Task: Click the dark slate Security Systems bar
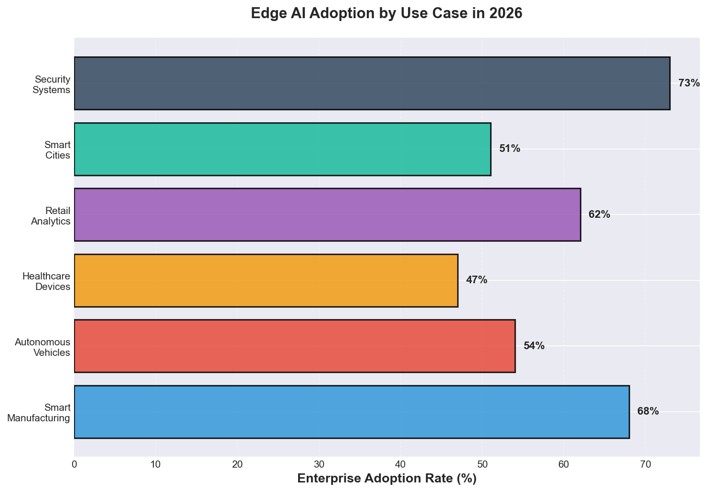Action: [x=372, y=84]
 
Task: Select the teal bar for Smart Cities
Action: [x=282, y=149]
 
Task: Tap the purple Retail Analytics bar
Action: [x=327, y=214]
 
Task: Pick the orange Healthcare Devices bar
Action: [x=266, y=280]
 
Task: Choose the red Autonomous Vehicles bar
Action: [x=295, y=346]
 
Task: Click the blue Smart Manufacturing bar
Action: [x=352, y=412]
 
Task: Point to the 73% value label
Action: [x=689, y=84]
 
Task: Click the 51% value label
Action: [x=510, y=149]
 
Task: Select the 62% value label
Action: [x=599, y=215]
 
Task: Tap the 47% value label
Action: [x=477, y=280]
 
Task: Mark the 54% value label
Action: [x=534, y=346]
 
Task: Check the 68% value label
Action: [x=648, y=412]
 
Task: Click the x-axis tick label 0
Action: [x=75, y=464]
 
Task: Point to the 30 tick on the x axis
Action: [x=319, y=464]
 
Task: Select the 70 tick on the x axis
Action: [x=645, y=464]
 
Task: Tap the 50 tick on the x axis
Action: [x=482, y=464]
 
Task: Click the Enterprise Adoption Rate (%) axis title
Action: [x=386, y=479]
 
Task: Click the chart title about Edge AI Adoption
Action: [x=386, y=13]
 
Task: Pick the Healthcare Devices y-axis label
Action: [x=46, y=281]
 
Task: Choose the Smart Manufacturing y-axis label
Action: [x=39, y=413]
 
